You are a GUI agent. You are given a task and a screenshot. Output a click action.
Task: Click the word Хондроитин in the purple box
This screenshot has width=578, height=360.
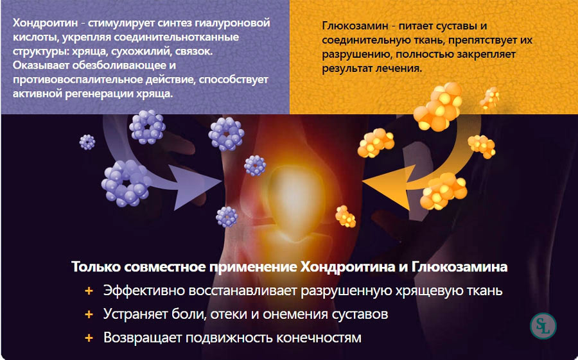click(x=46, y=23)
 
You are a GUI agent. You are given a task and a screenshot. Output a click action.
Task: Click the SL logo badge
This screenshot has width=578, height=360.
click(x=543, y=326)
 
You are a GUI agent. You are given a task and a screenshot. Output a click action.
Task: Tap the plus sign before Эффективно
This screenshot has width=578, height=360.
click(x=89, y=291)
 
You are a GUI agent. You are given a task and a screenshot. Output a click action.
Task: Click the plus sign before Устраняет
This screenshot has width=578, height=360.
click(x=89, y=314)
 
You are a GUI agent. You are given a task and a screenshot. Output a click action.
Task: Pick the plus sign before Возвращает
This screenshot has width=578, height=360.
click(x=89, y=338)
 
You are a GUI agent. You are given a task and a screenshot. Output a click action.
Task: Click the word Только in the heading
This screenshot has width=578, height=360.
click(x=96, y=266)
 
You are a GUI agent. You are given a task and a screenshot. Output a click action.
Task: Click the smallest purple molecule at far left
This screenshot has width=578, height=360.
click(x=87, y=142)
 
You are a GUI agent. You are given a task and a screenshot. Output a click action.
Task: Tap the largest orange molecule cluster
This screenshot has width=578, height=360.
click(x=438, y=107)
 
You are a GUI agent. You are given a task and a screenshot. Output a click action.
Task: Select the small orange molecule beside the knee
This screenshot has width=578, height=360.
click(x=346, y=216)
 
